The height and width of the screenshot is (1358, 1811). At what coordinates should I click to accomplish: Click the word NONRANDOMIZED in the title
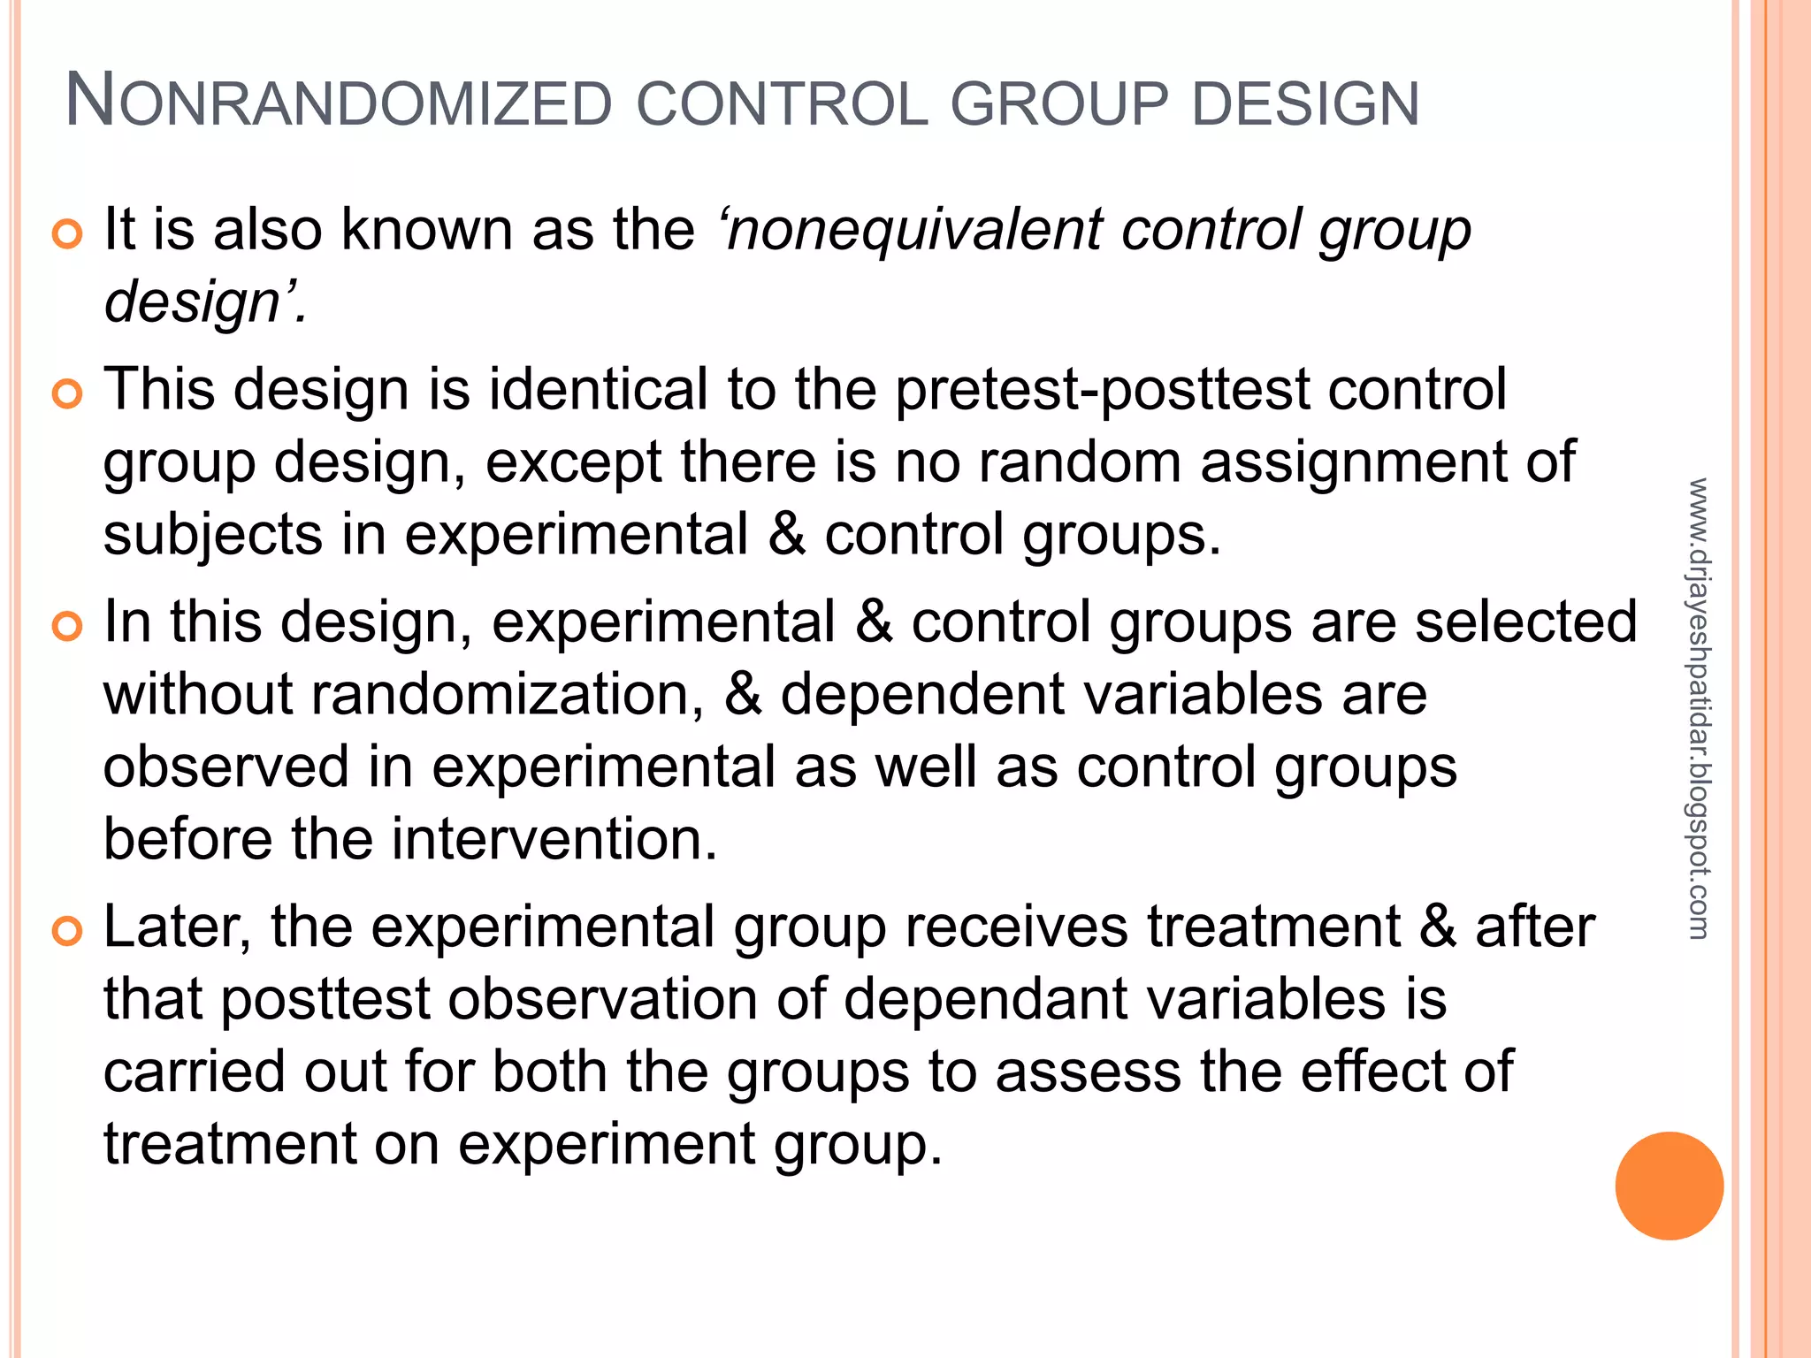point(339,103)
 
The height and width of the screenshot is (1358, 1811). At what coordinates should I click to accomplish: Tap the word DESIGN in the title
point(1305,103)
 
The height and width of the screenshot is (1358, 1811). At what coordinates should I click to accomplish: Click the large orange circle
point(1669,1186)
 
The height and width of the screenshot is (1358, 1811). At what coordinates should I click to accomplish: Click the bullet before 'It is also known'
point(67,234)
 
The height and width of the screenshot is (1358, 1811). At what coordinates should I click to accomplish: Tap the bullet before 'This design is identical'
point(67,393)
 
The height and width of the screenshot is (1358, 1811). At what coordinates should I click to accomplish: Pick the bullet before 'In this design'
point(67,627)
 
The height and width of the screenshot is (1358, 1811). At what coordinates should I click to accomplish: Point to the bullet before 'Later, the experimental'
point(67,931)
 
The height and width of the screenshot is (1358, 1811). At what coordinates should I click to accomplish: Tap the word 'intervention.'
point(554,839)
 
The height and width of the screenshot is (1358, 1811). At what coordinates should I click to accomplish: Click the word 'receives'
point(1016,927)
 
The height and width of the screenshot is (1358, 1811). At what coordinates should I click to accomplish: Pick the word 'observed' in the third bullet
point(225,767)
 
